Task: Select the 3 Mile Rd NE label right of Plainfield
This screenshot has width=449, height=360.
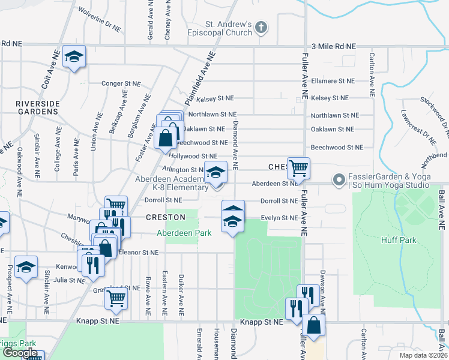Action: coord(334,46)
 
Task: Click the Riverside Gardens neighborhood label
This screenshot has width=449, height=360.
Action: coord(38,107)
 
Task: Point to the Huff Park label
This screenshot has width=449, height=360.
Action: coord(398,240)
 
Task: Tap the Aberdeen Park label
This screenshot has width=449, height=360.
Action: coord(184,232)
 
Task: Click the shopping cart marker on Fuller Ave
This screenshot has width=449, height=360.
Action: coord(298,168)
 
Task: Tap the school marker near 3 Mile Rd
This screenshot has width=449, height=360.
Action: coord(74,57)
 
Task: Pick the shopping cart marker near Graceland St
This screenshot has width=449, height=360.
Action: coord(116,297)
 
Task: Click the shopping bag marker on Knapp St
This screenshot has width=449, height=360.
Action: coord(313,325)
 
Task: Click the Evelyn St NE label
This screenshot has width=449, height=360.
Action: coord(279,218)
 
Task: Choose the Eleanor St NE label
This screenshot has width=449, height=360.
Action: coord(138,253)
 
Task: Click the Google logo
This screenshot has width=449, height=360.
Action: coord(20,353)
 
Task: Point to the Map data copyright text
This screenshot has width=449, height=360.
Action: coord(423,355)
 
